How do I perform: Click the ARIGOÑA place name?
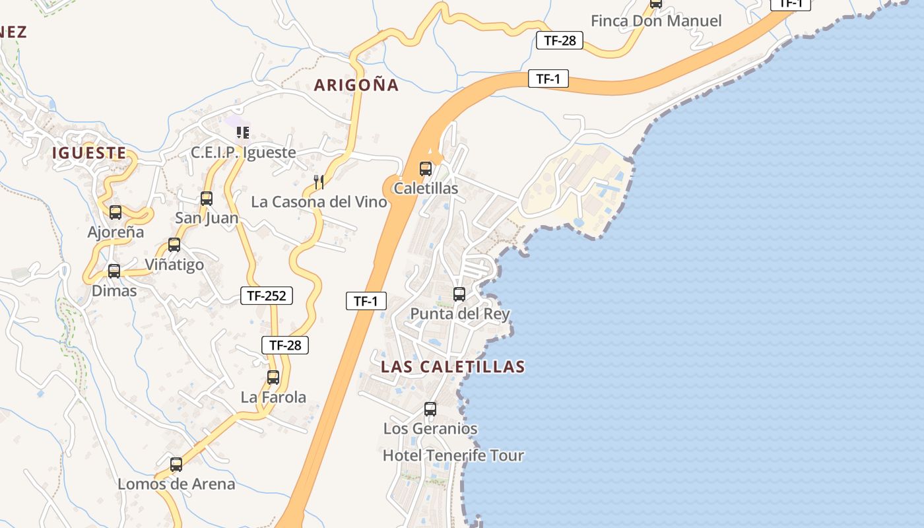coord(356,85)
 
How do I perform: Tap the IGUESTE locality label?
coord(89,153)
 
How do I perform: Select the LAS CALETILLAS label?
coord(453,367)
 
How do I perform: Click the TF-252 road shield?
coord(267,296)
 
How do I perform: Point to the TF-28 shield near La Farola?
coord(285,345)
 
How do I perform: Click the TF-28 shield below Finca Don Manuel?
coord(560,40)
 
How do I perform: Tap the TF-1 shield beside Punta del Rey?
coord(366,301)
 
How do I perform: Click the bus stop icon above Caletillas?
coord(426,169)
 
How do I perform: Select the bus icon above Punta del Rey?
coord(459,294)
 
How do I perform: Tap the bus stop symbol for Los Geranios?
coord(430,409)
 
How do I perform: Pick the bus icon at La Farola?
coord(273,378)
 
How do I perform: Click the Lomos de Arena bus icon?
coord(176,465)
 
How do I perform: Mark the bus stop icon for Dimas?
coord(114,271)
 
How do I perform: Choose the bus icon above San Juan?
coord(207,199)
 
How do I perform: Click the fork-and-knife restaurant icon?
coord(318,182)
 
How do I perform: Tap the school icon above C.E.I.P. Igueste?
coord(243,133)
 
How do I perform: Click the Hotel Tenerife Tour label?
coord(453,455)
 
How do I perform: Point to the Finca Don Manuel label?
coord(656,21)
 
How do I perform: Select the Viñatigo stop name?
coord(174,265)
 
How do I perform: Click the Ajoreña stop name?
coord(115,232)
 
